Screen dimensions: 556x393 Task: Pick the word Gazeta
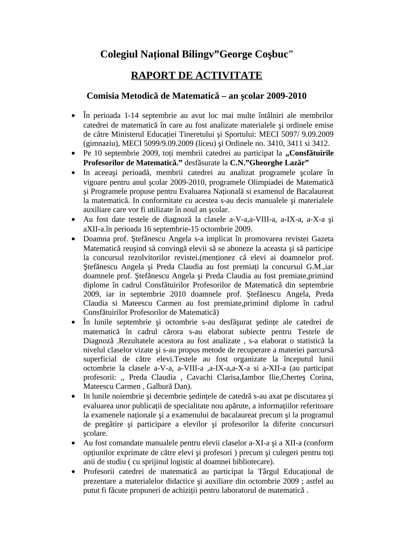(322, 239)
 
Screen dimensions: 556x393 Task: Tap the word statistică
(310, 341)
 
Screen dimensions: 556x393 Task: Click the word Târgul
(251, 472)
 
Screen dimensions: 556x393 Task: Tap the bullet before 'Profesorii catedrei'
(73, 472)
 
